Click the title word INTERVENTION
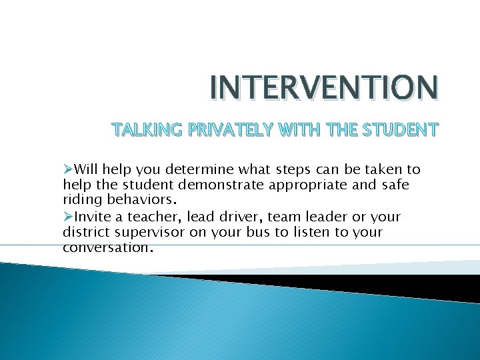(324, 88)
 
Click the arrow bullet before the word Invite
(68, 217)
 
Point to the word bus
(275, 232)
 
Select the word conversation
(107, 247)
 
